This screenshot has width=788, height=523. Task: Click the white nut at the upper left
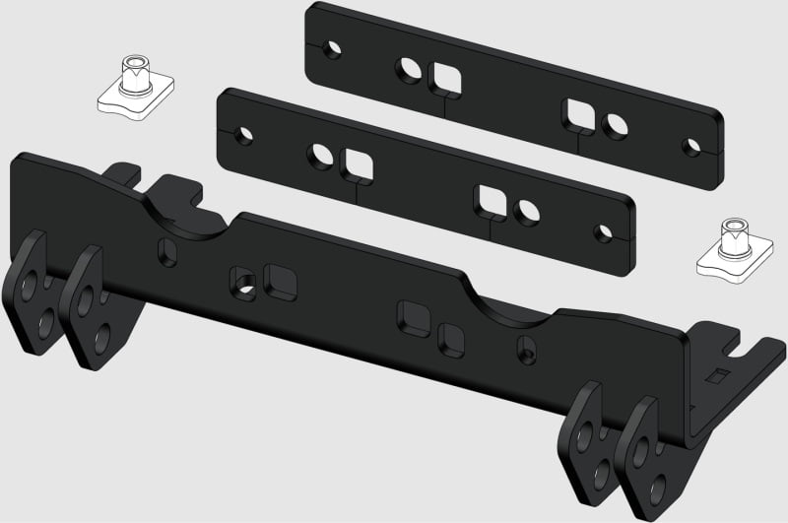[x=136, y=85]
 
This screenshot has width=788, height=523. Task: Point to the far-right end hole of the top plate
[x=692, y=149]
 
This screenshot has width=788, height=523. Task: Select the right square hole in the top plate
[x=578, y=114]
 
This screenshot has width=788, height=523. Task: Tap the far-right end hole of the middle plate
[x=603, y=233]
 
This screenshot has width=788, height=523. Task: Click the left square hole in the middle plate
[x=356, y=164]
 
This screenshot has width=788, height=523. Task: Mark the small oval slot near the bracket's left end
[x=169, y=253]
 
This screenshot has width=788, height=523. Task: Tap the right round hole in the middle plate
[x=528, y=210]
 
